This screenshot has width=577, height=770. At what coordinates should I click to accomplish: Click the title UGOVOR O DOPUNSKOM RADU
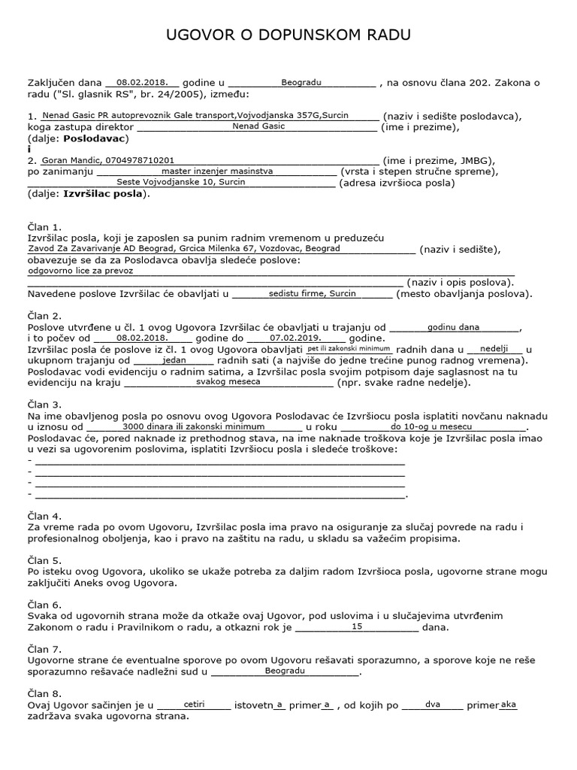click(288, 36)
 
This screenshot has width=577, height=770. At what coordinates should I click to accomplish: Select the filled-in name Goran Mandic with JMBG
click(108, 160)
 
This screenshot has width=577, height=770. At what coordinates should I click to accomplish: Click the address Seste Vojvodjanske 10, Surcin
click(175, 181)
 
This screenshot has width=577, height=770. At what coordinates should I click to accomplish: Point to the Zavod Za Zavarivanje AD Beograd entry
click(184, 248)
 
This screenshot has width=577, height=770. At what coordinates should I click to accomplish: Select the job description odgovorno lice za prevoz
click(80, 270)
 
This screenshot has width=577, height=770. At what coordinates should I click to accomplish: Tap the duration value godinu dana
click(453, 327)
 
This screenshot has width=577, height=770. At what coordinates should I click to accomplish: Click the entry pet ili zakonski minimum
click(349, 349)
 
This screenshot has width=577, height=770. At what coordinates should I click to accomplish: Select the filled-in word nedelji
click(494, 349)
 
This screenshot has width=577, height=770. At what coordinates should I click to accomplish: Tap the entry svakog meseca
click(228, 381)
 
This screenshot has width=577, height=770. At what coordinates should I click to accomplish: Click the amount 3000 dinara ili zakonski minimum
click(183, 426)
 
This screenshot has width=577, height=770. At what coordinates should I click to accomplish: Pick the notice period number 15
click(357, 626)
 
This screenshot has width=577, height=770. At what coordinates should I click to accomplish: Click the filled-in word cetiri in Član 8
click(194, 705)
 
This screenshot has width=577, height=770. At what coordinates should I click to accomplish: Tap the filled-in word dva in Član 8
click(433, 705)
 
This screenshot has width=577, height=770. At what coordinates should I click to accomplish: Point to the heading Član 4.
click(44, 516)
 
